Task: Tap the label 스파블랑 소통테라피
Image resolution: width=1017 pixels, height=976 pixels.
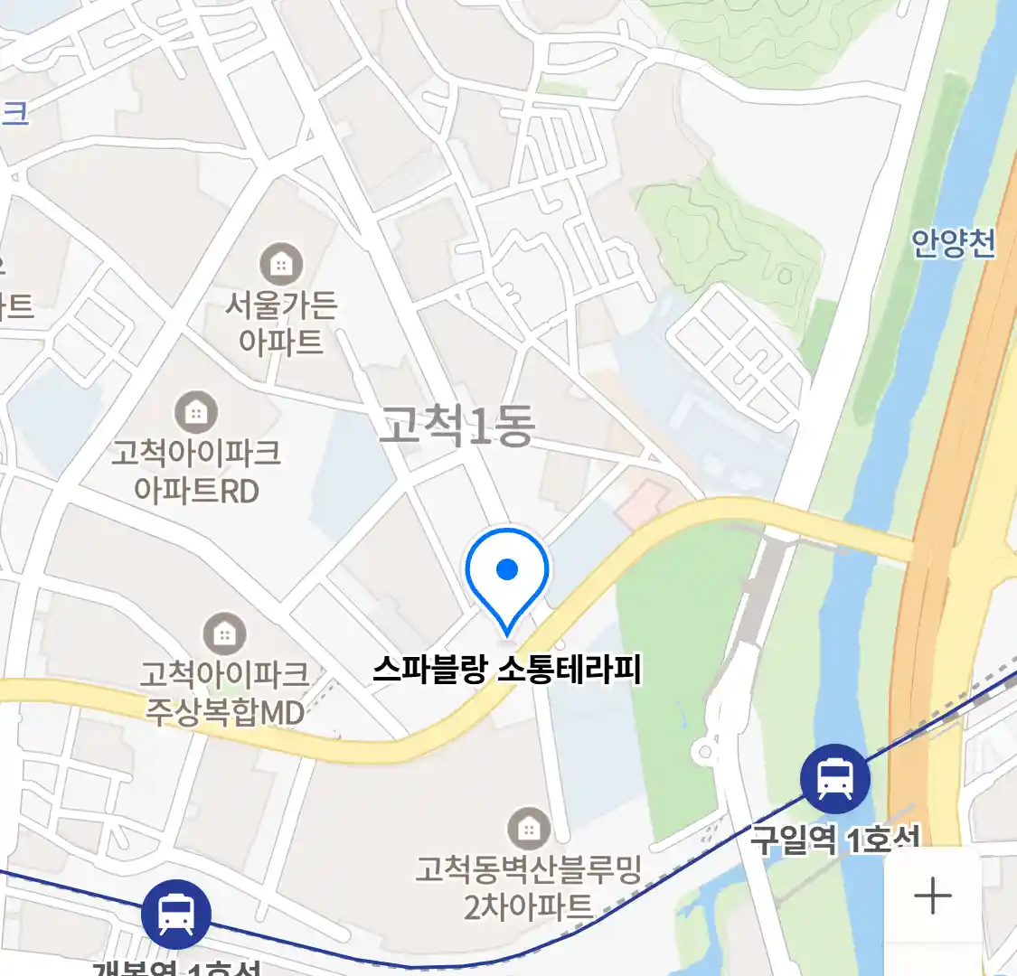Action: click(x=507, y=671)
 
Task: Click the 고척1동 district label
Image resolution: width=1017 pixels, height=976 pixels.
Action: click(x=457, y=426)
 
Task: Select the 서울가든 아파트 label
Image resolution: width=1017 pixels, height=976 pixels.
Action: click(x=281, y=323)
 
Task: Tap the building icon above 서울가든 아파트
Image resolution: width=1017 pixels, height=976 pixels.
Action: click(x=281, y=265)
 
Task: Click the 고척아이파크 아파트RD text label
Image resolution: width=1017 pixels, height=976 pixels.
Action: click(x=196, y=471)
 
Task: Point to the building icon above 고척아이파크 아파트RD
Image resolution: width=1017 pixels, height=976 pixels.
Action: click(x=196, y=413)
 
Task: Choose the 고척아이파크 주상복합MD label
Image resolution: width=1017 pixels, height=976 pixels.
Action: click(x=224, y=692)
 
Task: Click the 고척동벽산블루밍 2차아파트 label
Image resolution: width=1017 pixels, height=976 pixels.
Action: click(x=528, y=887)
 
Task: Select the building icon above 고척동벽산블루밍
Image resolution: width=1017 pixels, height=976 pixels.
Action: click(x=528, y=829)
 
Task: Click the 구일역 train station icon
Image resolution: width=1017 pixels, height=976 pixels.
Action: click(x=835, y=779)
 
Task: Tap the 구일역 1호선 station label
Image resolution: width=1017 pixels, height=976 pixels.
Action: click(x=834, y=840)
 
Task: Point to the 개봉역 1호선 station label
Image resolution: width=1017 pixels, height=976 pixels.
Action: click(x=176, y=967)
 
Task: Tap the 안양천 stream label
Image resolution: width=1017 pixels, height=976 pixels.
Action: click(x=953, y=243)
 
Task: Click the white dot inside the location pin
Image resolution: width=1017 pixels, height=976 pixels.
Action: click(x=507, y=569)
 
